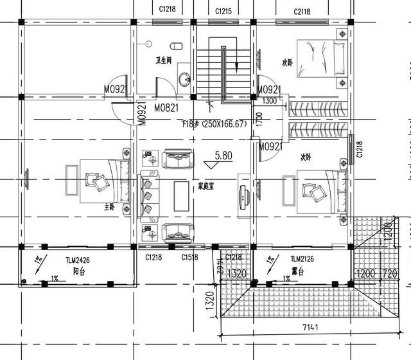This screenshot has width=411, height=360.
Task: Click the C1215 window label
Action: click(x=223, y=12)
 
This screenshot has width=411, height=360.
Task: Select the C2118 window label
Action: click(x=302, y=12)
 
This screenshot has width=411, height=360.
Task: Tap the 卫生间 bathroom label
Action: click(x=164, y=60)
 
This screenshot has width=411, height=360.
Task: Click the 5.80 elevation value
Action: click(x=223, y=156)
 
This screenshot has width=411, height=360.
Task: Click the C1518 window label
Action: click(x=189, y=257)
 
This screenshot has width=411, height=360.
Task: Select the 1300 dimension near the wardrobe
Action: click(x=270, y=101)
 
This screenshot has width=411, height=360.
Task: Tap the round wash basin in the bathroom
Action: click(x=184, y=80)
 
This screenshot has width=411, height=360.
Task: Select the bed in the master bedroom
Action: click(x=103, y=183)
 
